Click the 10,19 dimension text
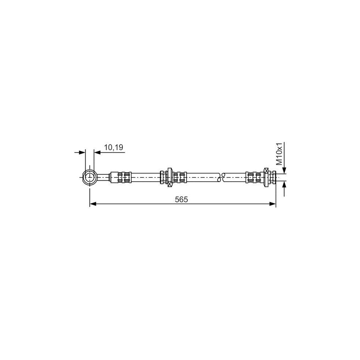point(114,147)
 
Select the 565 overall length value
point(181,200)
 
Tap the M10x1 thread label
point(279,154)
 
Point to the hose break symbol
point(221,177)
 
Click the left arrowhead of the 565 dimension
point(93,204)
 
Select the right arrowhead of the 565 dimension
point(272,204)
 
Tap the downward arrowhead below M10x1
point(284,170)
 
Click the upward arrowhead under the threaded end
point(284,184)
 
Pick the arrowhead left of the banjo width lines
point(82,152)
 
